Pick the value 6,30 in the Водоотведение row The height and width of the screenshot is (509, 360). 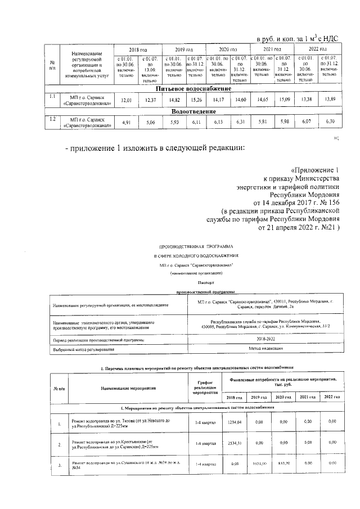pyautogui.click(x=330, y=121)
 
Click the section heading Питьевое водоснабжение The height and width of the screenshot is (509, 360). pyautogui.click(x=193, y=89)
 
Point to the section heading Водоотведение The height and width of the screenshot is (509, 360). pyautogui.click(x=193, y=111)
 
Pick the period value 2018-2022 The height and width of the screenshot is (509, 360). pyautogui.click(x=264, y=340)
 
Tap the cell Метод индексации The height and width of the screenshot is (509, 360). pyautogui.click(x=264, y=349)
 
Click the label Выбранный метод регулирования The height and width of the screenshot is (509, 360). pyautogui.click(x=84, y=350)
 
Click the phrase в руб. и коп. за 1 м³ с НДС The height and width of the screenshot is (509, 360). pyautogui.click(x=296, y=39)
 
